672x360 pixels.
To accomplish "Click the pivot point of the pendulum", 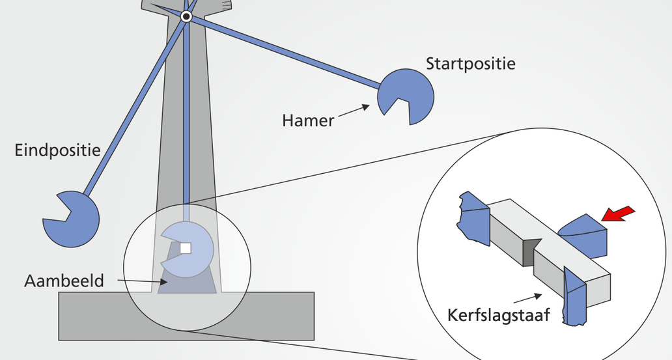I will [186, 17].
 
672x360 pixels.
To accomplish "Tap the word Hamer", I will [308, 120].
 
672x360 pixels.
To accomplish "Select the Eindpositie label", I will [57, 151].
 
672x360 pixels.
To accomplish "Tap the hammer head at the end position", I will [73, 219].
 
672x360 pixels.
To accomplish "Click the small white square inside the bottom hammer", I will [186, 248].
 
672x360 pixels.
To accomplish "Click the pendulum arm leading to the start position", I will [287, 53].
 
